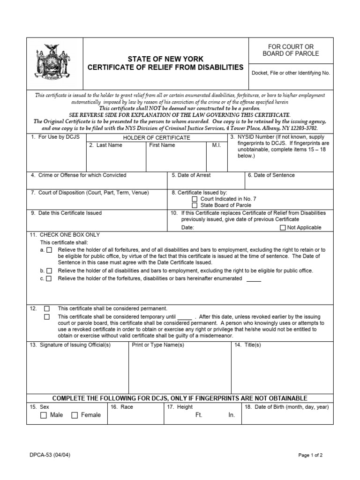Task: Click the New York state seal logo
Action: coord(54,61)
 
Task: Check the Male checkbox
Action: coord(44,415)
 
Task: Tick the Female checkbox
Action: coord(75,415)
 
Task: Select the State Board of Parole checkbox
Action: coord(195,205)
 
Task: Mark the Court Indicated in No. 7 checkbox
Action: coord(195,199)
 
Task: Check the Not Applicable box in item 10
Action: coord(282,228)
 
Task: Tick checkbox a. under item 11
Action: coord(49,250)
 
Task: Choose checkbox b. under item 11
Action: coord(49,271)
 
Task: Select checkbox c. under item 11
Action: coord(49,278)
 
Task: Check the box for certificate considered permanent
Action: coord(47,308)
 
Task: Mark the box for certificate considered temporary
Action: coord(47,316)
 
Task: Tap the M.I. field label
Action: coord(216,145)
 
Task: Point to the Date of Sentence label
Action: coord(271,175)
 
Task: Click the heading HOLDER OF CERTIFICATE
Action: coord(157,138)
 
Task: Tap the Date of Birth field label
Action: coord(286,407)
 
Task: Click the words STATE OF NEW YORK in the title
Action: coord(166,59)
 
